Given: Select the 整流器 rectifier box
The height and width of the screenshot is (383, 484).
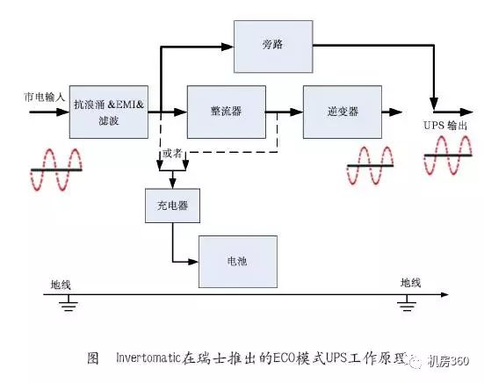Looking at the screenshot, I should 227,112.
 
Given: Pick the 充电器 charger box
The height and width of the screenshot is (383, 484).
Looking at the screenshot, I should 171,206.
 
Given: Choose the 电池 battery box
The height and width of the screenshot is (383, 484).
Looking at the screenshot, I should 237,261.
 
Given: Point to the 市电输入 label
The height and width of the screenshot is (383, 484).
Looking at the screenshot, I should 44,96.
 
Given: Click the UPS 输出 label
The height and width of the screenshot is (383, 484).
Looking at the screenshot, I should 445,126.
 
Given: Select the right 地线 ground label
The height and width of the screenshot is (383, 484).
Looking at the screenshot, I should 410,283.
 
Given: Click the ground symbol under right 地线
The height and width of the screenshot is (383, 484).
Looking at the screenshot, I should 405,304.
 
